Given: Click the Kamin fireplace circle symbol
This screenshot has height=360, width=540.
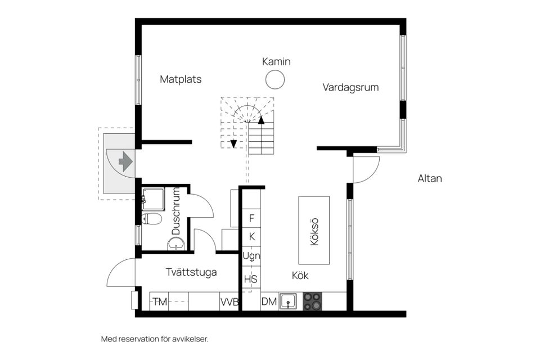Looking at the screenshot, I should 275,80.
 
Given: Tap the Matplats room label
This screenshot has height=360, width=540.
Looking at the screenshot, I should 181,79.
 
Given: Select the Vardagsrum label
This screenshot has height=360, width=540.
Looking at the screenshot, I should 350,88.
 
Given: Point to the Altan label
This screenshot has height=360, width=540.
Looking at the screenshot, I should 430,179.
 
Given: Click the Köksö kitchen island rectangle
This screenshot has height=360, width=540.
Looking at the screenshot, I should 314,230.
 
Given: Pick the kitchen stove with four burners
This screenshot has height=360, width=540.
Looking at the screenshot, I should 313,301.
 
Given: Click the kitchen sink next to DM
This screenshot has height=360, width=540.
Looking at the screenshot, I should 288,302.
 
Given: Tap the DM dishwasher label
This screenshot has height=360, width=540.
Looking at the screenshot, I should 269,302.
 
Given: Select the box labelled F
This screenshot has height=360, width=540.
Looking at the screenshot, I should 251,218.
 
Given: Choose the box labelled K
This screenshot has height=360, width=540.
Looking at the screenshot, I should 251,237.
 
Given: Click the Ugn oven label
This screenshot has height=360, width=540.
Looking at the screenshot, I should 251,256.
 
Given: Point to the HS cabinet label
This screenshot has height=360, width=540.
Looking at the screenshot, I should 251,278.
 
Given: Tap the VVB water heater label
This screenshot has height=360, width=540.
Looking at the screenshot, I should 229,302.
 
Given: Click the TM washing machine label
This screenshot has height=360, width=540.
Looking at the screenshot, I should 160,302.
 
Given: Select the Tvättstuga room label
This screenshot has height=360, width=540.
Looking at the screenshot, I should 191,272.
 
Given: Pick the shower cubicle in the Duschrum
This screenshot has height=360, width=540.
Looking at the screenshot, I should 153,199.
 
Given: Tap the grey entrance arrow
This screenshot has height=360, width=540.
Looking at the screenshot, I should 125,162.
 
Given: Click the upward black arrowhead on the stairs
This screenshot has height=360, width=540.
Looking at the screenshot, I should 261,119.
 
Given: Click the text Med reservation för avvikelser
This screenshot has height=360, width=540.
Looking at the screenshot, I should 155,339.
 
